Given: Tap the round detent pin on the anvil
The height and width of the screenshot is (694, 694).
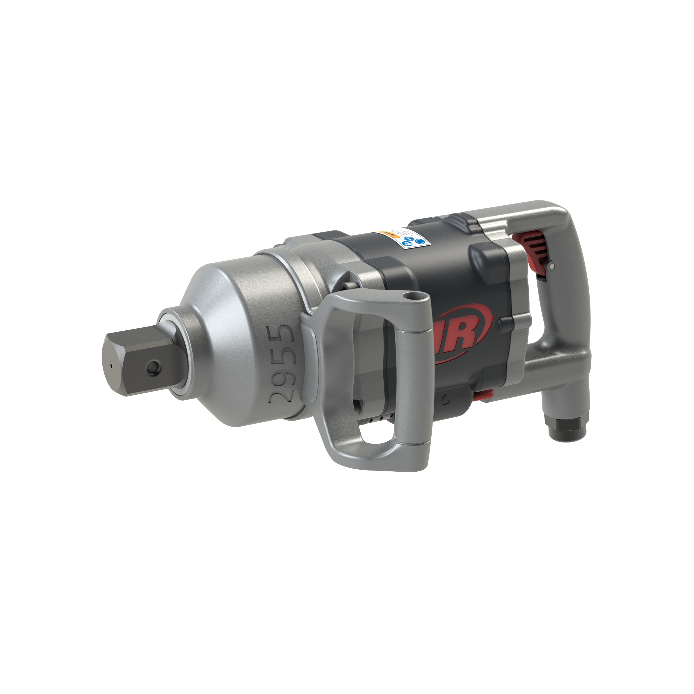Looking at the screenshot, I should click(151, 367).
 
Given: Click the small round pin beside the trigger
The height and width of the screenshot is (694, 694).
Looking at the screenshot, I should click(552, 266).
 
